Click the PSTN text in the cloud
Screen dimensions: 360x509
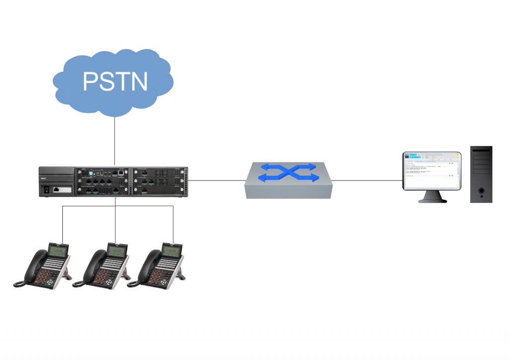click(x=115, y=81)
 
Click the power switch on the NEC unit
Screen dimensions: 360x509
click(x=47, y=189)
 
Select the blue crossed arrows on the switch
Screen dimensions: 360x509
click(x=289, y=173)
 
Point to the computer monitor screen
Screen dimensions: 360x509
click(x=431, y=170)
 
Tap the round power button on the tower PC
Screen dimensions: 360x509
click(x=481, y=190)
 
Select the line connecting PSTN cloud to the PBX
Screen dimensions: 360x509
click(x=115, y=142)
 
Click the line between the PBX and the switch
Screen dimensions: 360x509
click(x=216, y=180)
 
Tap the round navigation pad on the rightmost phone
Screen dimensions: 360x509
click(x=168, y=266)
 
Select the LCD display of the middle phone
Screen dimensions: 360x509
click(x=116, y=252)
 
